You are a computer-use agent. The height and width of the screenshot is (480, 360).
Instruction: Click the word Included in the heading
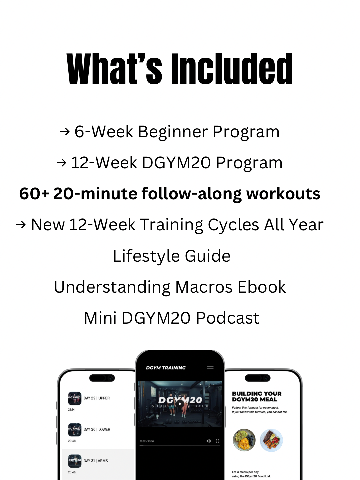pos(232,69)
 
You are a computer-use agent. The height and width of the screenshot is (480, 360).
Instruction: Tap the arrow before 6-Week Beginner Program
pos(64,132)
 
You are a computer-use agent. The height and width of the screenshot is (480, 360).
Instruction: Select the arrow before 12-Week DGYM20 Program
pos(61,163)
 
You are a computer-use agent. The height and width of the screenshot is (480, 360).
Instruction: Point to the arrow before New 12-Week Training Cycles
pos(21,225)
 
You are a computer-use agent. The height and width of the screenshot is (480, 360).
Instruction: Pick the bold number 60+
pos(34,194)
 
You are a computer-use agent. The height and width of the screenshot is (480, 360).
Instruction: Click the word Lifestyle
pos(146,256)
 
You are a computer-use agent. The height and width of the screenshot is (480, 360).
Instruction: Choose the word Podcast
pos(228,318)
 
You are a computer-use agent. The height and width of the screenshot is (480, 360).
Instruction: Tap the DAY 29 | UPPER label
pos(97,398)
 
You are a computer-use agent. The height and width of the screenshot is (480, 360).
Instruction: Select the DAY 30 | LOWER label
pos(97,429)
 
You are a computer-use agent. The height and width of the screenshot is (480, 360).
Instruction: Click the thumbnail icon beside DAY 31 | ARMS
pos(75,461)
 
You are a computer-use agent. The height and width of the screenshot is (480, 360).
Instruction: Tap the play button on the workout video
pos(180,404)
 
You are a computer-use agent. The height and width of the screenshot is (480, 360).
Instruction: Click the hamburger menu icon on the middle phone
pos(210,368)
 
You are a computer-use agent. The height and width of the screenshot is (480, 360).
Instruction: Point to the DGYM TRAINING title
pos(166,368)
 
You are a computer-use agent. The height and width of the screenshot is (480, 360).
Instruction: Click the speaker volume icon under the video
pos(209,441)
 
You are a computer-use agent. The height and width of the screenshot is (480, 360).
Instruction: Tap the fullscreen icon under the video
pos(218,441)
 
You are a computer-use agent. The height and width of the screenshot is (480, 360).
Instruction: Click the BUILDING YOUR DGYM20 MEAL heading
pos(257,396)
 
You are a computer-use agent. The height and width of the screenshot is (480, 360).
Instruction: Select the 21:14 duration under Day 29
pos(71,410)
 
